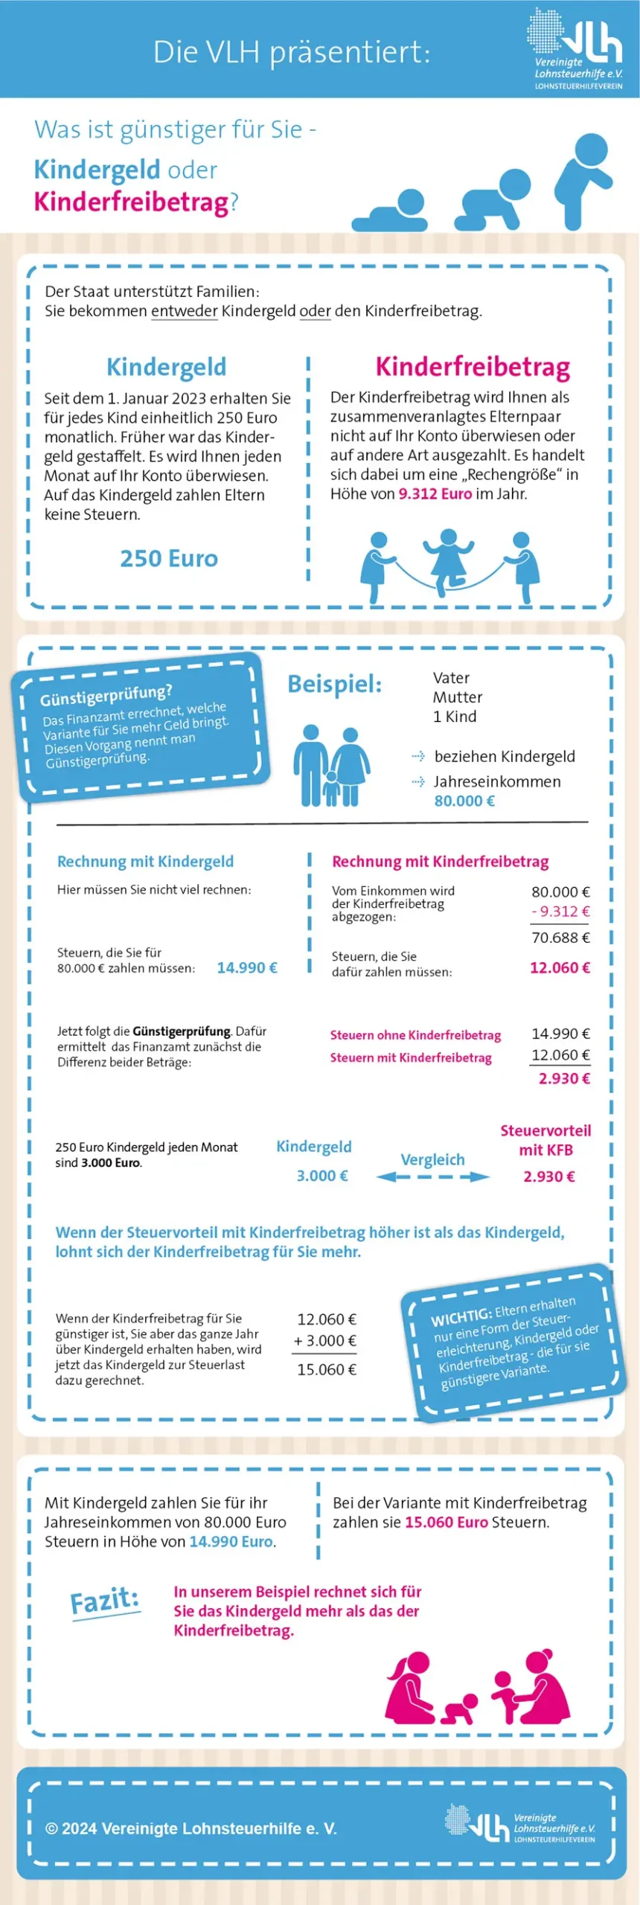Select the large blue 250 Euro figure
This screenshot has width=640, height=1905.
tap(169, 558)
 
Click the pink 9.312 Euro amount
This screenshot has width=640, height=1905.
tap(435, 493)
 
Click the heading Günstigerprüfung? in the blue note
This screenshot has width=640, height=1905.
tap(106, 696)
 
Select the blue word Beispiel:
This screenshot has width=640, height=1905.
tap(334, 684)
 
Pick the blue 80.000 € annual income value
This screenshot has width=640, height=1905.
tap(464, 801)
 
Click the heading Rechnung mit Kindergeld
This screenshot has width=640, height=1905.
tap(145, 861)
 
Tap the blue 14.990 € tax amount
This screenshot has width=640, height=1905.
tap(247, 967)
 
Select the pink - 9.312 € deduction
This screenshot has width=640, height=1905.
tap(560, 912)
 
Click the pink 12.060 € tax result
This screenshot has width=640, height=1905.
tap(560, 967)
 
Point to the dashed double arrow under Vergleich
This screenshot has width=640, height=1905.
tap(433, 1176)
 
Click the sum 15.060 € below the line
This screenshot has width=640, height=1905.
tap(327, 1369)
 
